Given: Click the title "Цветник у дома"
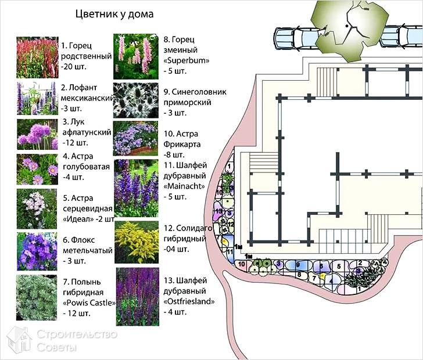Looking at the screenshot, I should (x=114, y=14).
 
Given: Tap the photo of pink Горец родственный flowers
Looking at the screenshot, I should (x=38, y=57).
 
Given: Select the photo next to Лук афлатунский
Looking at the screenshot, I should (x=38, y=134).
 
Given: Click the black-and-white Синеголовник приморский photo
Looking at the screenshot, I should (x=135, y=100).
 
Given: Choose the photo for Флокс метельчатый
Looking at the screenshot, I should (x=38, y=251).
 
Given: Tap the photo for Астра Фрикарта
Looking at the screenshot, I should (x=135, y=138).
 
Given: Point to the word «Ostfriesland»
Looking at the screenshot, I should (x=190, y=301).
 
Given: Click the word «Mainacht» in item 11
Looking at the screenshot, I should (x=184, y=186).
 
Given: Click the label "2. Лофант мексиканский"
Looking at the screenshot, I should (x=86, y=93).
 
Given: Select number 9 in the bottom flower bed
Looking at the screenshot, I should (x=298, y=264).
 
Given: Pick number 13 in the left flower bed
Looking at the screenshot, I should (x=219, y=211).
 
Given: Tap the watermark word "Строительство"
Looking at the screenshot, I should (x=77, y=334).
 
